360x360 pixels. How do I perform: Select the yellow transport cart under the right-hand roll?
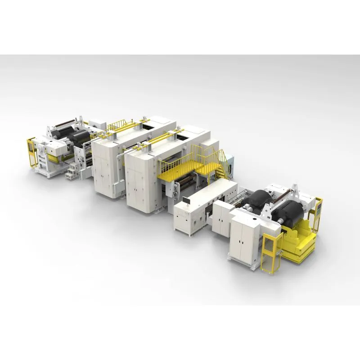tap(299, 245)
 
